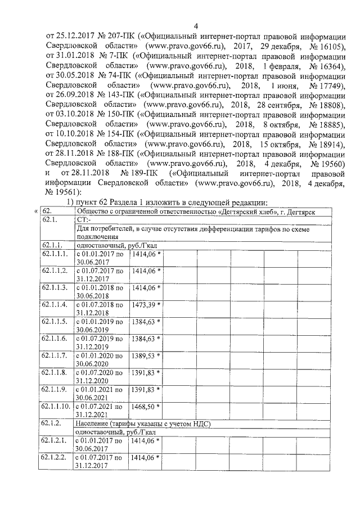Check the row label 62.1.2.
tap(51, 424)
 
